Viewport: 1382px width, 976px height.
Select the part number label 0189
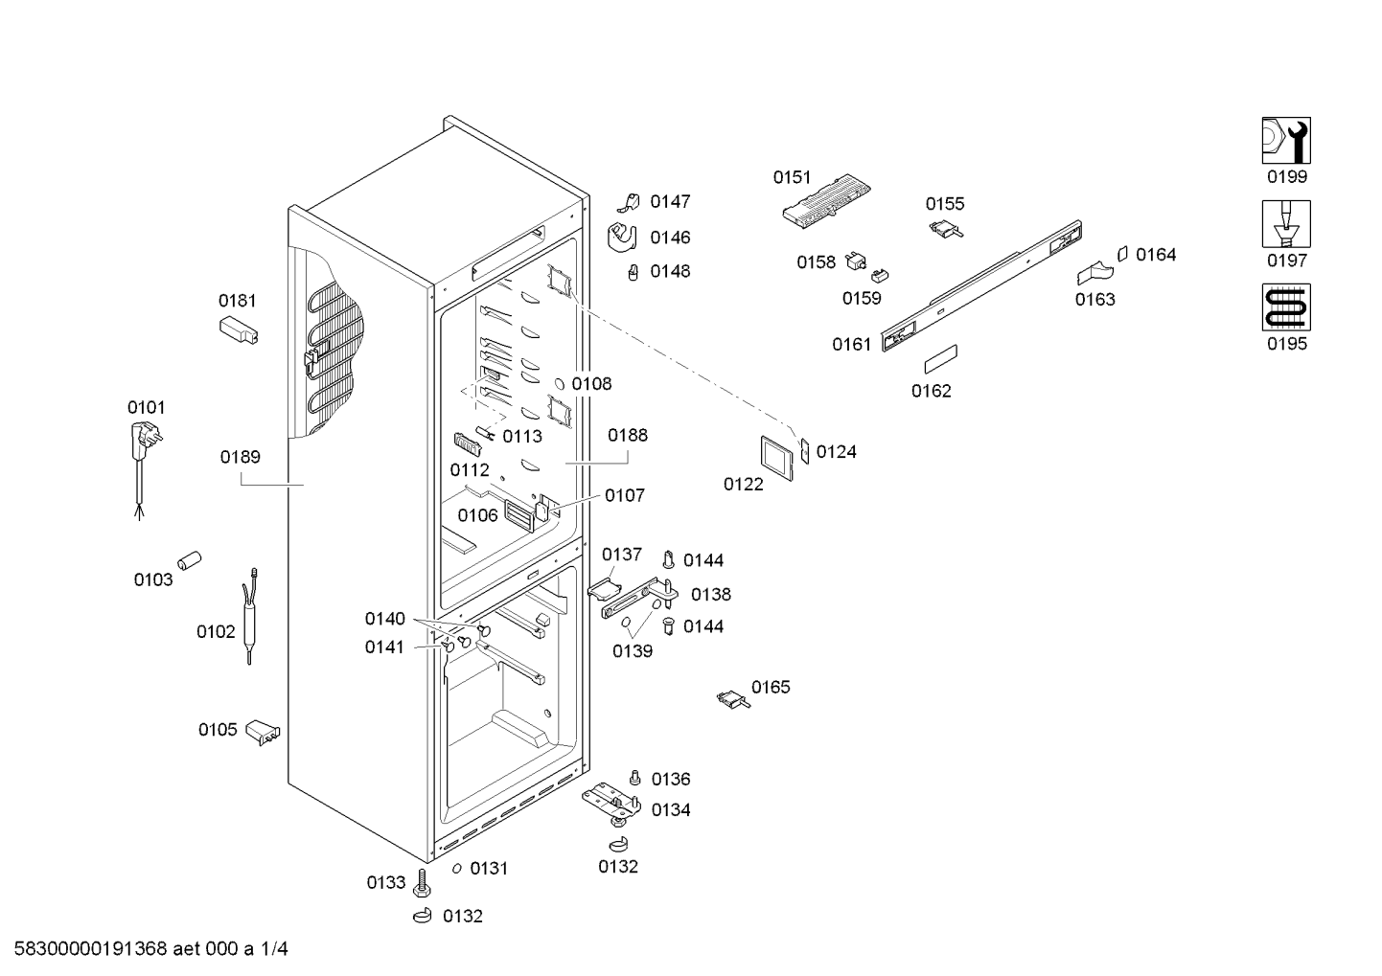(x=241, y=457)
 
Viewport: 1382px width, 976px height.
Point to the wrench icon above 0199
(x=1285, y=141)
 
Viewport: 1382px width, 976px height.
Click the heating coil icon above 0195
(x=1285, y=307)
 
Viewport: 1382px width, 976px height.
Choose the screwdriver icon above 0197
(x=1285, y=224)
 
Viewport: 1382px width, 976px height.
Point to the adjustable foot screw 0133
(x=423, y=881)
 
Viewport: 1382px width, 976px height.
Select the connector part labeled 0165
(x=734, y=700)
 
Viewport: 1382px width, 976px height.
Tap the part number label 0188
(x=628, y=435)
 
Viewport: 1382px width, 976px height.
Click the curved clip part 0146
(x=623, y=237)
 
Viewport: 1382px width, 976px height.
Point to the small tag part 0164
(x=1122, y=253)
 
